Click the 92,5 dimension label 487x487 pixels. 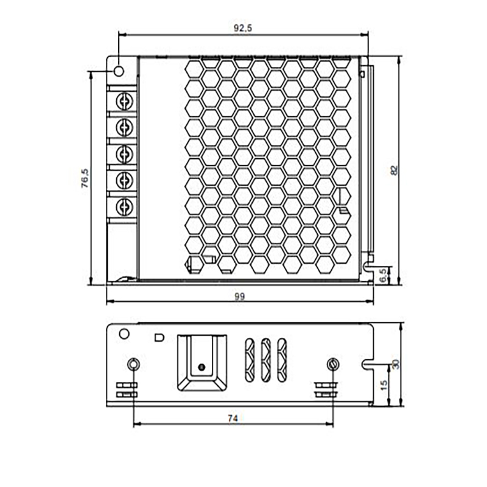tap(242, 27)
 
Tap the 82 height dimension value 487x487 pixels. tap(394, 171)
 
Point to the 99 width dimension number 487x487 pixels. tap(239, 296)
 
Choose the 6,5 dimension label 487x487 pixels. tap(382, 275)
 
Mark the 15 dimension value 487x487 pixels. tap(382, 385)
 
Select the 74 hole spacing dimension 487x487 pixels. tap(233, 418)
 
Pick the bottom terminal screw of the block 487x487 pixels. tap(124, 205)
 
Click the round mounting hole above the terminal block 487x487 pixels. tap(118, 69)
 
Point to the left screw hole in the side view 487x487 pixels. tap(133, 364)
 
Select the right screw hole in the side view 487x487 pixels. tap(332, 364)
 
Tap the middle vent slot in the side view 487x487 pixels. tap(265, 360)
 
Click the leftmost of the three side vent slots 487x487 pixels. tap(249, 360)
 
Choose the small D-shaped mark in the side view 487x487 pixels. tap(159, 336)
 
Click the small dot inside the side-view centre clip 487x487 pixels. tap(200, 367)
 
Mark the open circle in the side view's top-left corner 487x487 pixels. tap(124, 334)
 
